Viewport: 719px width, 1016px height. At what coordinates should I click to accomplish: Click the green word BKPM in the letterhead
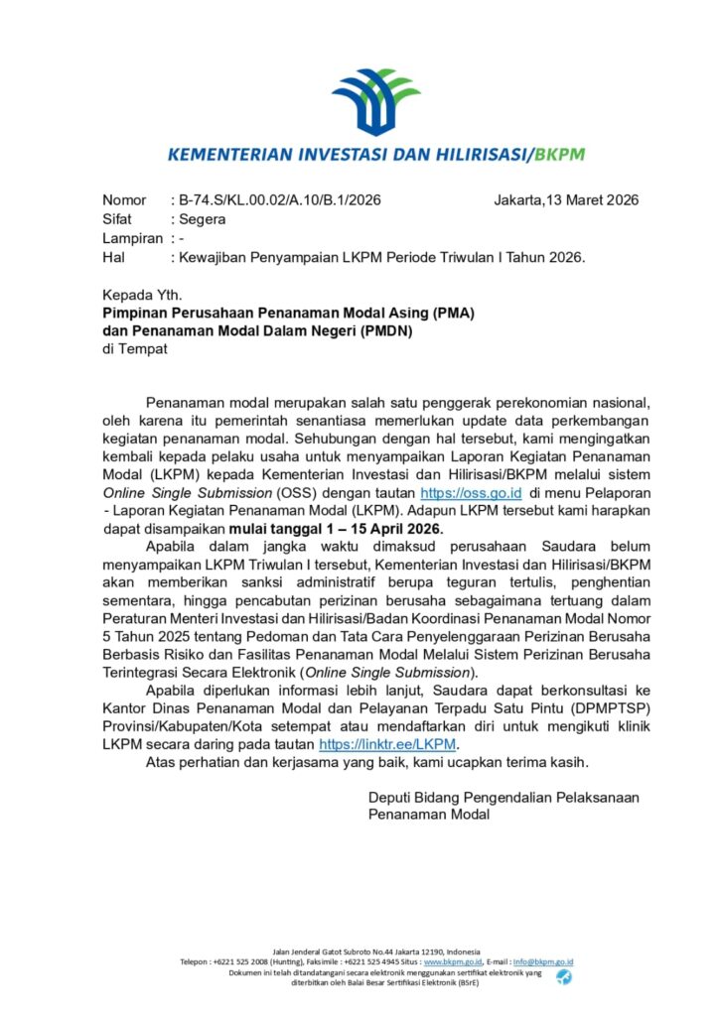click(x=560, y=155)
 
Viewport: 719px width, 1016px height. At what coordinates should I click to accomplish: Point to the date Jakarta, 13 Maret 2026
click(x=566, y=200)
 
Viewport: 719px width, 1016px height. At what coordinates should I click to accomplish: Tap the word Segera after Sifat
click(x=202, y=219)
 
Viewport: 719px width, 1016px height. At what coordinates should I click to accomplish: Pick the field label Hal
click(x=113, y=258)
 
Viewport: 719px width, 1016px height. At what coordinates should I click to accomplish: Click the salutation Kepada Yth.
click(x=143, y=295)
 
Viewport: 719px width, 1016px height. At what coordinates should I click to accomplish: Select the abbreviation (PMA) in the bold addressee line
click(x=445, y=313)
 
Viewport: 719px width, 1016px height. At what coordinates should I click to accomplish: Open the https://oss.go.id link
click(x=472, y=492)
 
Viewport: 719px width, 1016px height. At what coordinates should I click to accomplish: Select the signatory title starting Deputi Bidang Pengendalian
click(x=503, y=797)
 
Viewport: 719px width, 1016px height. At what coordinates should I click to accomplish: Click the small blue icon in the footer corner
click(x=563, y=978)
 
